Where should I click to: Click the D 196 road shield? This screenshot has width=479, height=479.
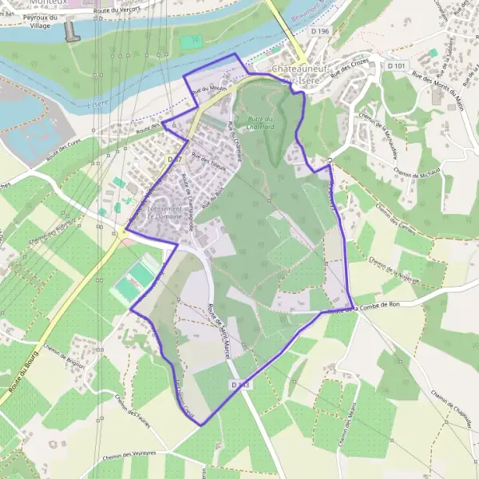tap(320, 30)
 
